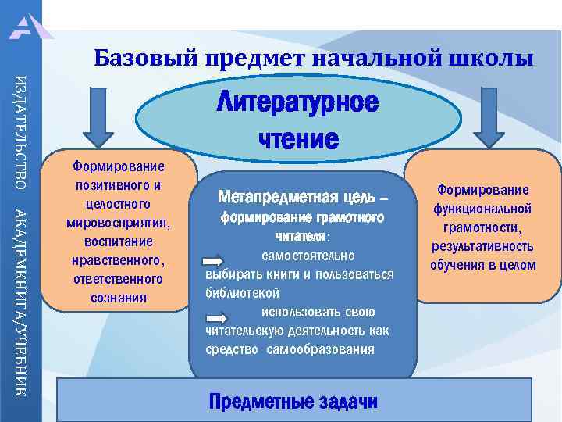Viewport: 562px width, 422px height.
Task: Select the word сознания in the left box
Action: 118,298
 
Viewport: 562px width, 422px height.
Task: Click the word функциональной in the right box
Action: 484,209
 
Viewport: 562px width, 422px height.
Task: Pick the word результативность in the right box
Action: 484,246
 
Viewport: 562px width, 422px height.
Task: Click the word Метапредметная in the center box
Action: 269,195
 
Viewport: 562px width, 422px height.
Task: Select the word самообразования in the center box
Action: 321,349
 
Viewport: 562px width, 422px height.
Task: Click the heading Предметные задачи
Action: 293,402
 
